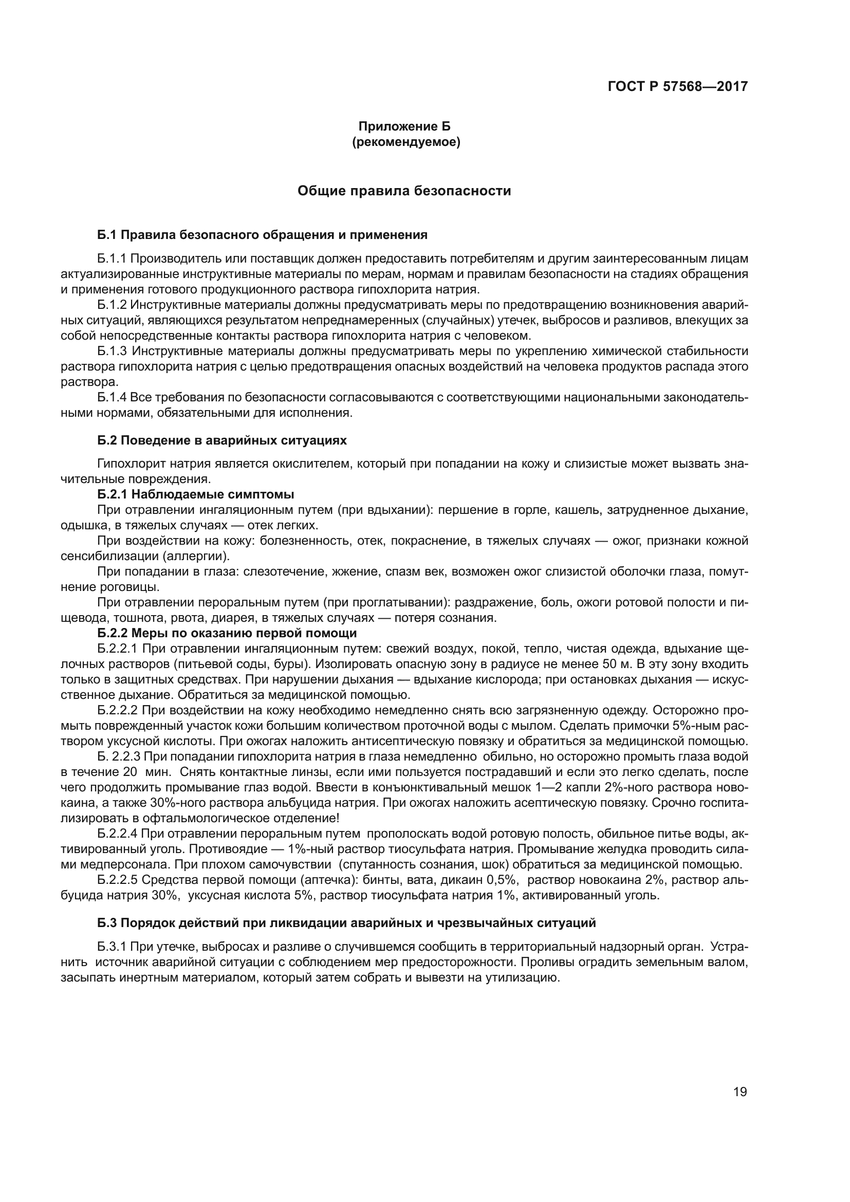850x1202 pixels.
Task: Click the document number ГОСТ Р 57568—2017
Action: pos(677,86)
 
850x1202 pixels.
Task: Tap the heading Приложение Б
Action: pos(404,126)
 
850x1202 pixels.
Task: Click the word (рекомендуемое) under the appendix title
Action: pos(406,142)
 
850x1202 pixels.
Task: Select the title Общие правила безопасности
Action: pos(404,191)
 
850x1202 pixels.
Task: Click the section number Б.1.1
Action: pos(112,258)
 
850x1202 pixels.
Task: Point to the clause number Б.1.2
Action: pos(112,305)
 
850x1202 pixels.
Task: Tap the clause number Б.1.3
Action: pos(112,351)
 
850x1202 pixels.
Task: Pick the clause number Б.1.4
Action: pos(112,397)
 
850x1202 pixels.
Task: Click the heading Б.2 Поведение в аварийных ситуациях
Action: pos(222,440)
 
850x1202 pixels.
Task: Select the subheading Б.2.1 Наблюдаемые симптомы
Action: pos(196,494)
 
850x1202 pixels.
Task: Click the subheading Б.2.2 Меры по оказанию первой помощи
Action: pos(227,633)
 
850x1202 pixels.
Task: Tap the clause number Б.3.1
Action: pos(112,947)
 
